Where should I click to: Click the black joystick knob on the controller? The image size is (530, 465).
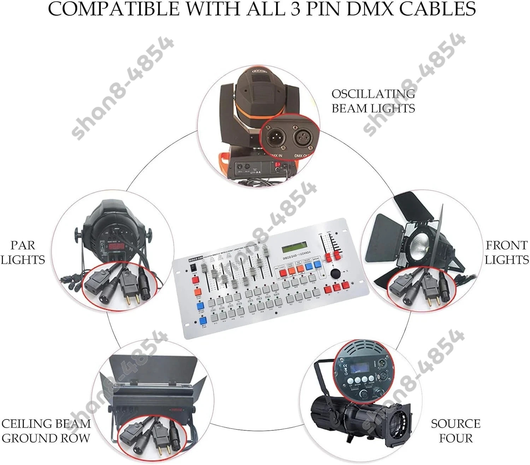coord(335,273)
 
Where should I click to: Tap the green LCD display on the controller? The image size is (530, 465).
coord(296,249)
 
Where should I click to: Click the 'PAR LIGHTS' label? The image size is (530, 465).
coord(23,252)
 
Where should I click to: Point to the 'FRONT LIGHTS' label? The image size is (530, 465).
coord(506,252)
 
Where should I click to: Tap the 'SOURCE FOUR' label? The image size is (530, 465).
coord(455,431)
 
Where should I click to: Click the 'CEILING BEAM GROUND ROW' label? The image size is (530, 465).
coord(46,431)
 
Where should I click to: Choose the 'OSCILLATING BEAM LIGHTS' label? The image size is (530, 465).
coord(373,101)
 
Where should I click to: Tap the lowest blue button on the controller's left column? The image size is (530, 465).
coord(203,320)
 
